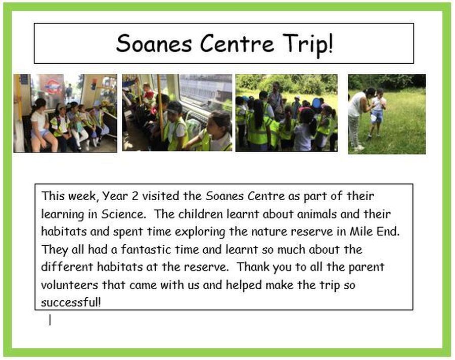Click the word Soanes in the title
[x=154, y=43]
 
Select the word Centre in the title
[x=237, y=43]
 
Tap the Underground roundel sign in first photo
[x=53, y=86]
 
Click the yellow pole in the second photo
[x=160, y=105]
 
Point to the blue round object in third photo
[x=316, y=103]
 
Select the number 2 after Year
[x=135, y=196]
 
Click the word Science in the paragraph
[x=123, y=214]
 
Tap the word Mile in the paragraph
[x=360, y=232]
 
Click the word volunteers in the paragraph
[x=69, y=285]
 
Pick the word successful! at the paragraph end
[x=71, y=302]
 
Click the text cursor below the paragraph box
[x=50, y=320]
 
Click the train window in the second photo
[x=205, y=91]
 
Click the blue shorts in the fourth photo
[x=376, y=116]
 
